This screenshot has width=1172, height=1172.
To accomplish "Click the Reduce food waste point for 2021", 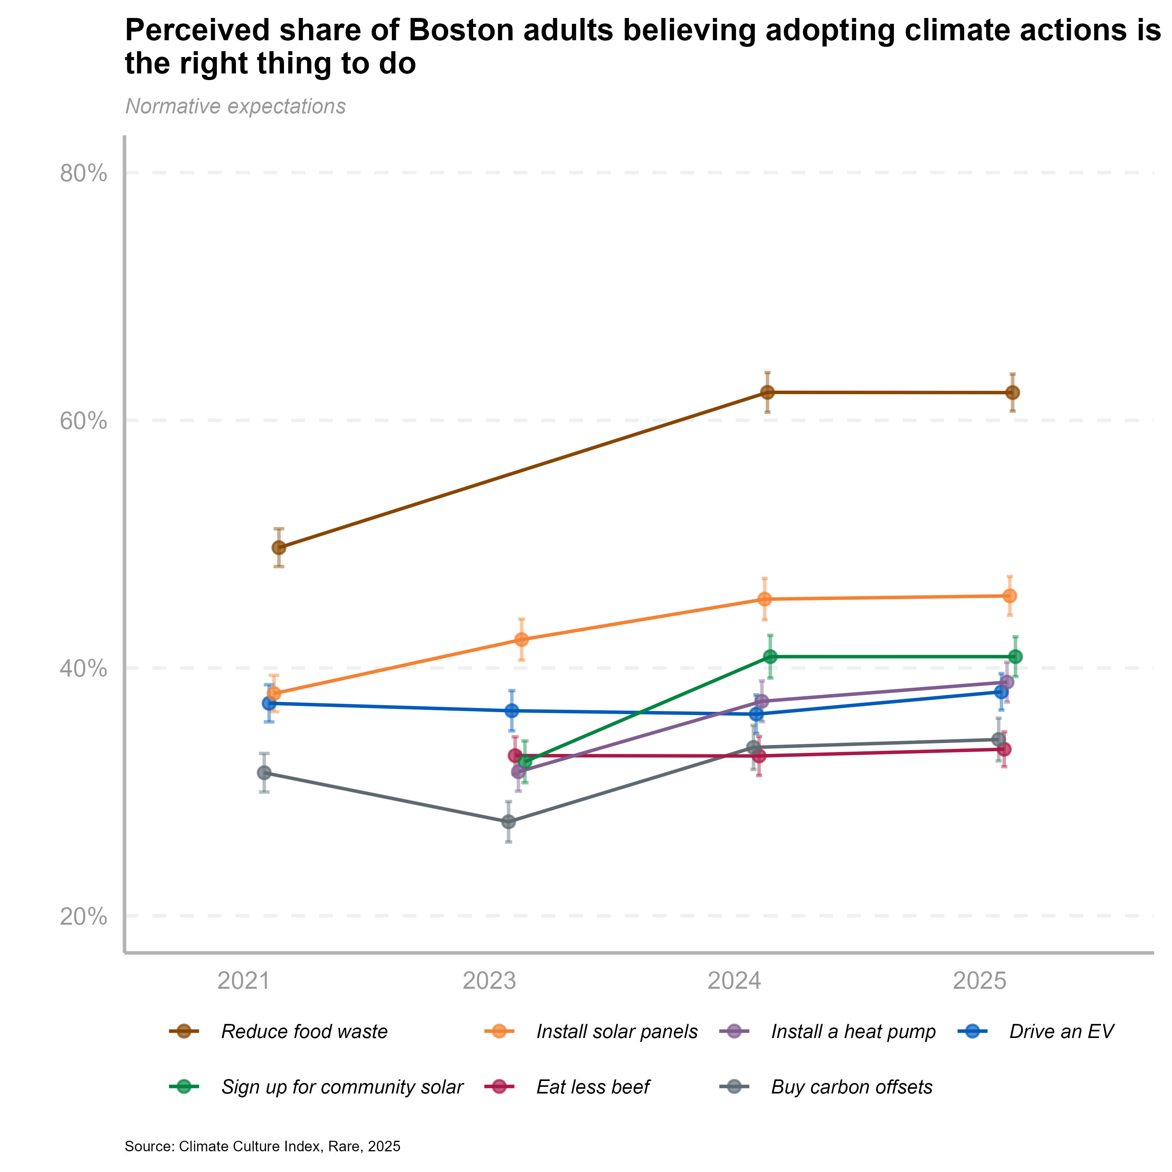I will click(279, 548).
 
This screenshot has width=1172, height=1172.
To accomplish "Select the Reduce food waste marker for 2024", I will click(767, 393).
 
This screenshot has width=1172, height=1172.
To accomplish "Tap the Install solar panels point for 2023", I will click(521, 640).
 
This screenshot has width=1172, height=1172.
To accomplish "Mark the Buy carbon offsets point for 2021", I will click(264, 773).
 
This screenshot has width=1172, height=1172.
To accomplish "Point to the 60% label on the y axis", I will click(84, 422).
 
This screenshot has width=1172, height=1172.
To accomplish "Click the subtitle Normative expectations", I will click(235, 107).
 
